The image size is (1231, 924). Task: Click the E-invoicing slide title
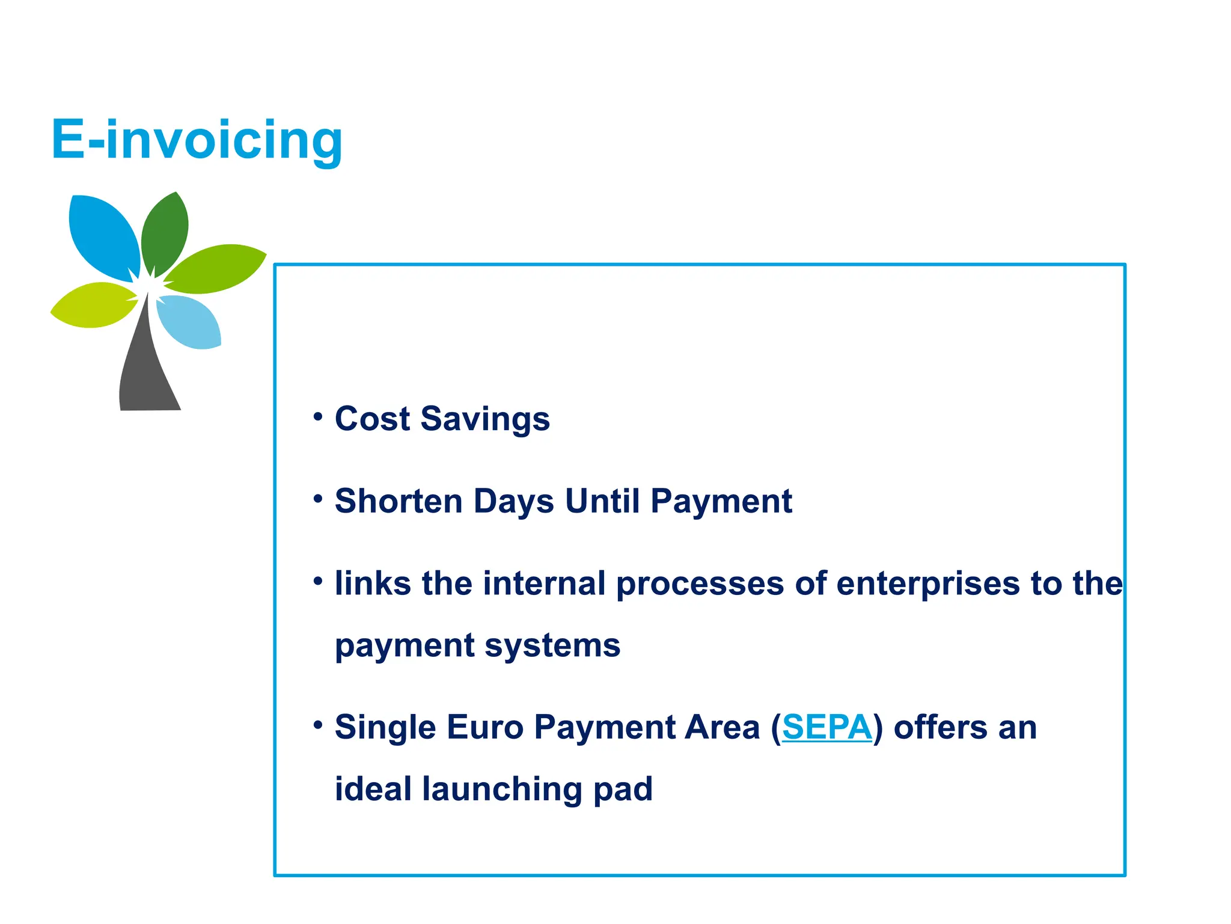(x=197, y=140)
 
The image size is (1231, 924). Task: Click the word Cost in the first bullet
(x=372, y=419)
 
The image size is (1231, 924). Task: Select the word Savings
(x=485, y=420)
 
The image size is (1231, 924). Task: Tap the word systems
(x=552, y=646)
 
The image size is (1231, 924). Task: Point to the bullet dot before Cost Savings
(x=318, y=416)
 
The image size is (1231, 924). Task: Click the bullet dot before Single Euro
(x=318, y=724)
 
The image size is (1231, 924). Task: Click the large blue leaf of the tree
(x=102, y=235)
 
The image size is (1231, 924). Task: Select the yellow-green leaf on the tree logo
(x=93, y=306)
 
